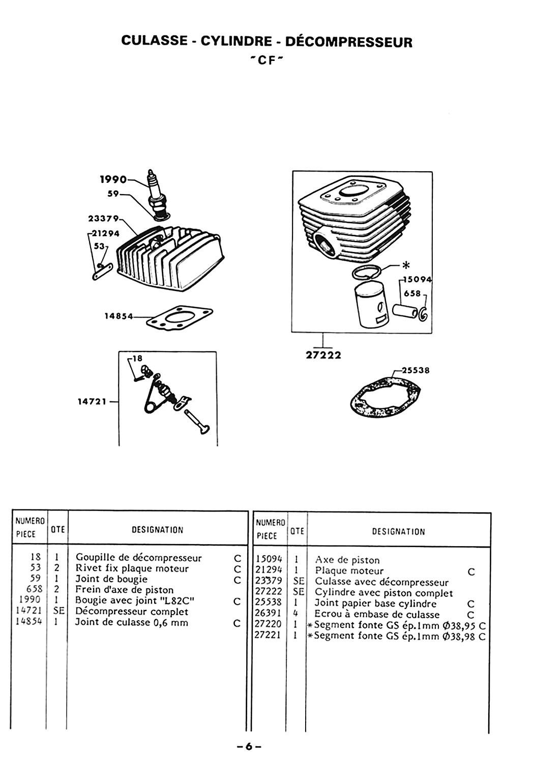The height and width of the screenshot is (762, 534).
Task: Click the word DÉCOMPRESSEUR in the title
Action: (349, 42)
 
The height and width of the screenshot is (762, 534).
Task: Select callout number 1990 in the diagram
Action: (113, 179)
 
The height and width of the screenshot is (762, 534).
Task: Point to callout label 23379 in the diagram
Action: (103, 218)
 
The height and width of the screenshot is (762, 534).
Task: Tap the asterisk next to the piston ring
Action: (406, 265)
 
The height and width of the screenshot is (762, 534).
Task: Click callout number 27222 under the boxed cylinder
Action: (323, 355)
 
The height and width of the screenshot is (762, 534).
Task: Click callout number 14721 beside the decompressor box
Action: (92, 402)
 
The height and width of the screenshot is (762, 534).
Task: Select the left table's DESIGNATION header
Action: (158, 530)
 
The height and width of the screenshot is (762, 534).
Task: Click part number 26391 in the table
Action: (269, 614)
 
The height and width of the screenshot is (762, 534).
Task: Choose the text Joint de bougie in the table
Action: (111, 579)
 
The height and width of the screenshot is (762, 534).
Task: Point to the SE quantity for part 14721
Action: (58, 611)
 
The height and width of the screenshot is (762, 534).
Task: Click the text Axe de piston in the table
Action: (347, 560)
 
